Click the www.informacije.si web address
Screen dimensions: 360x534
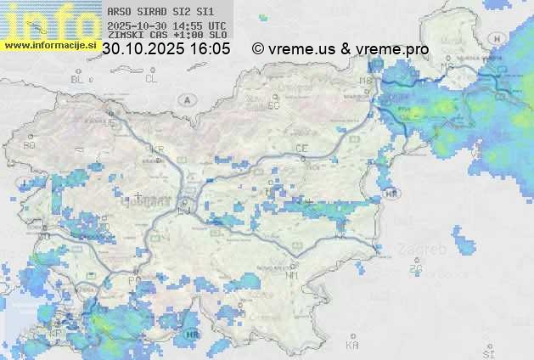point(50,45)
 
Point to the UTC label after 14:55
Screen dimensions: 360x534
point(216,25)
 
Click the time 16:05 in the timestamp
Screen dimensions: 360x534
point(211,49)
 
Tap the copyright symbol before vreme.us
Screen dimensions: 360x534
point(258,49)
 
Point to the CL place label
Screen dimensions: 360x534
point(151,79)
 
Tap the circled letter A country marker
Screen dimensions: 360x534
point(185,99)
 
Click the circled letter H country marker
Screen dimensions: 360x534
point(500,39)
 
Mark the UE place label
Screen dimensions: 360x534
point(108,123)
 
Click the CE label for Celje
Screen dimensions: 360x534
point(301,149)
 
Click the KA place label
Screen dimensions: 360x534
point(352,346)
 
